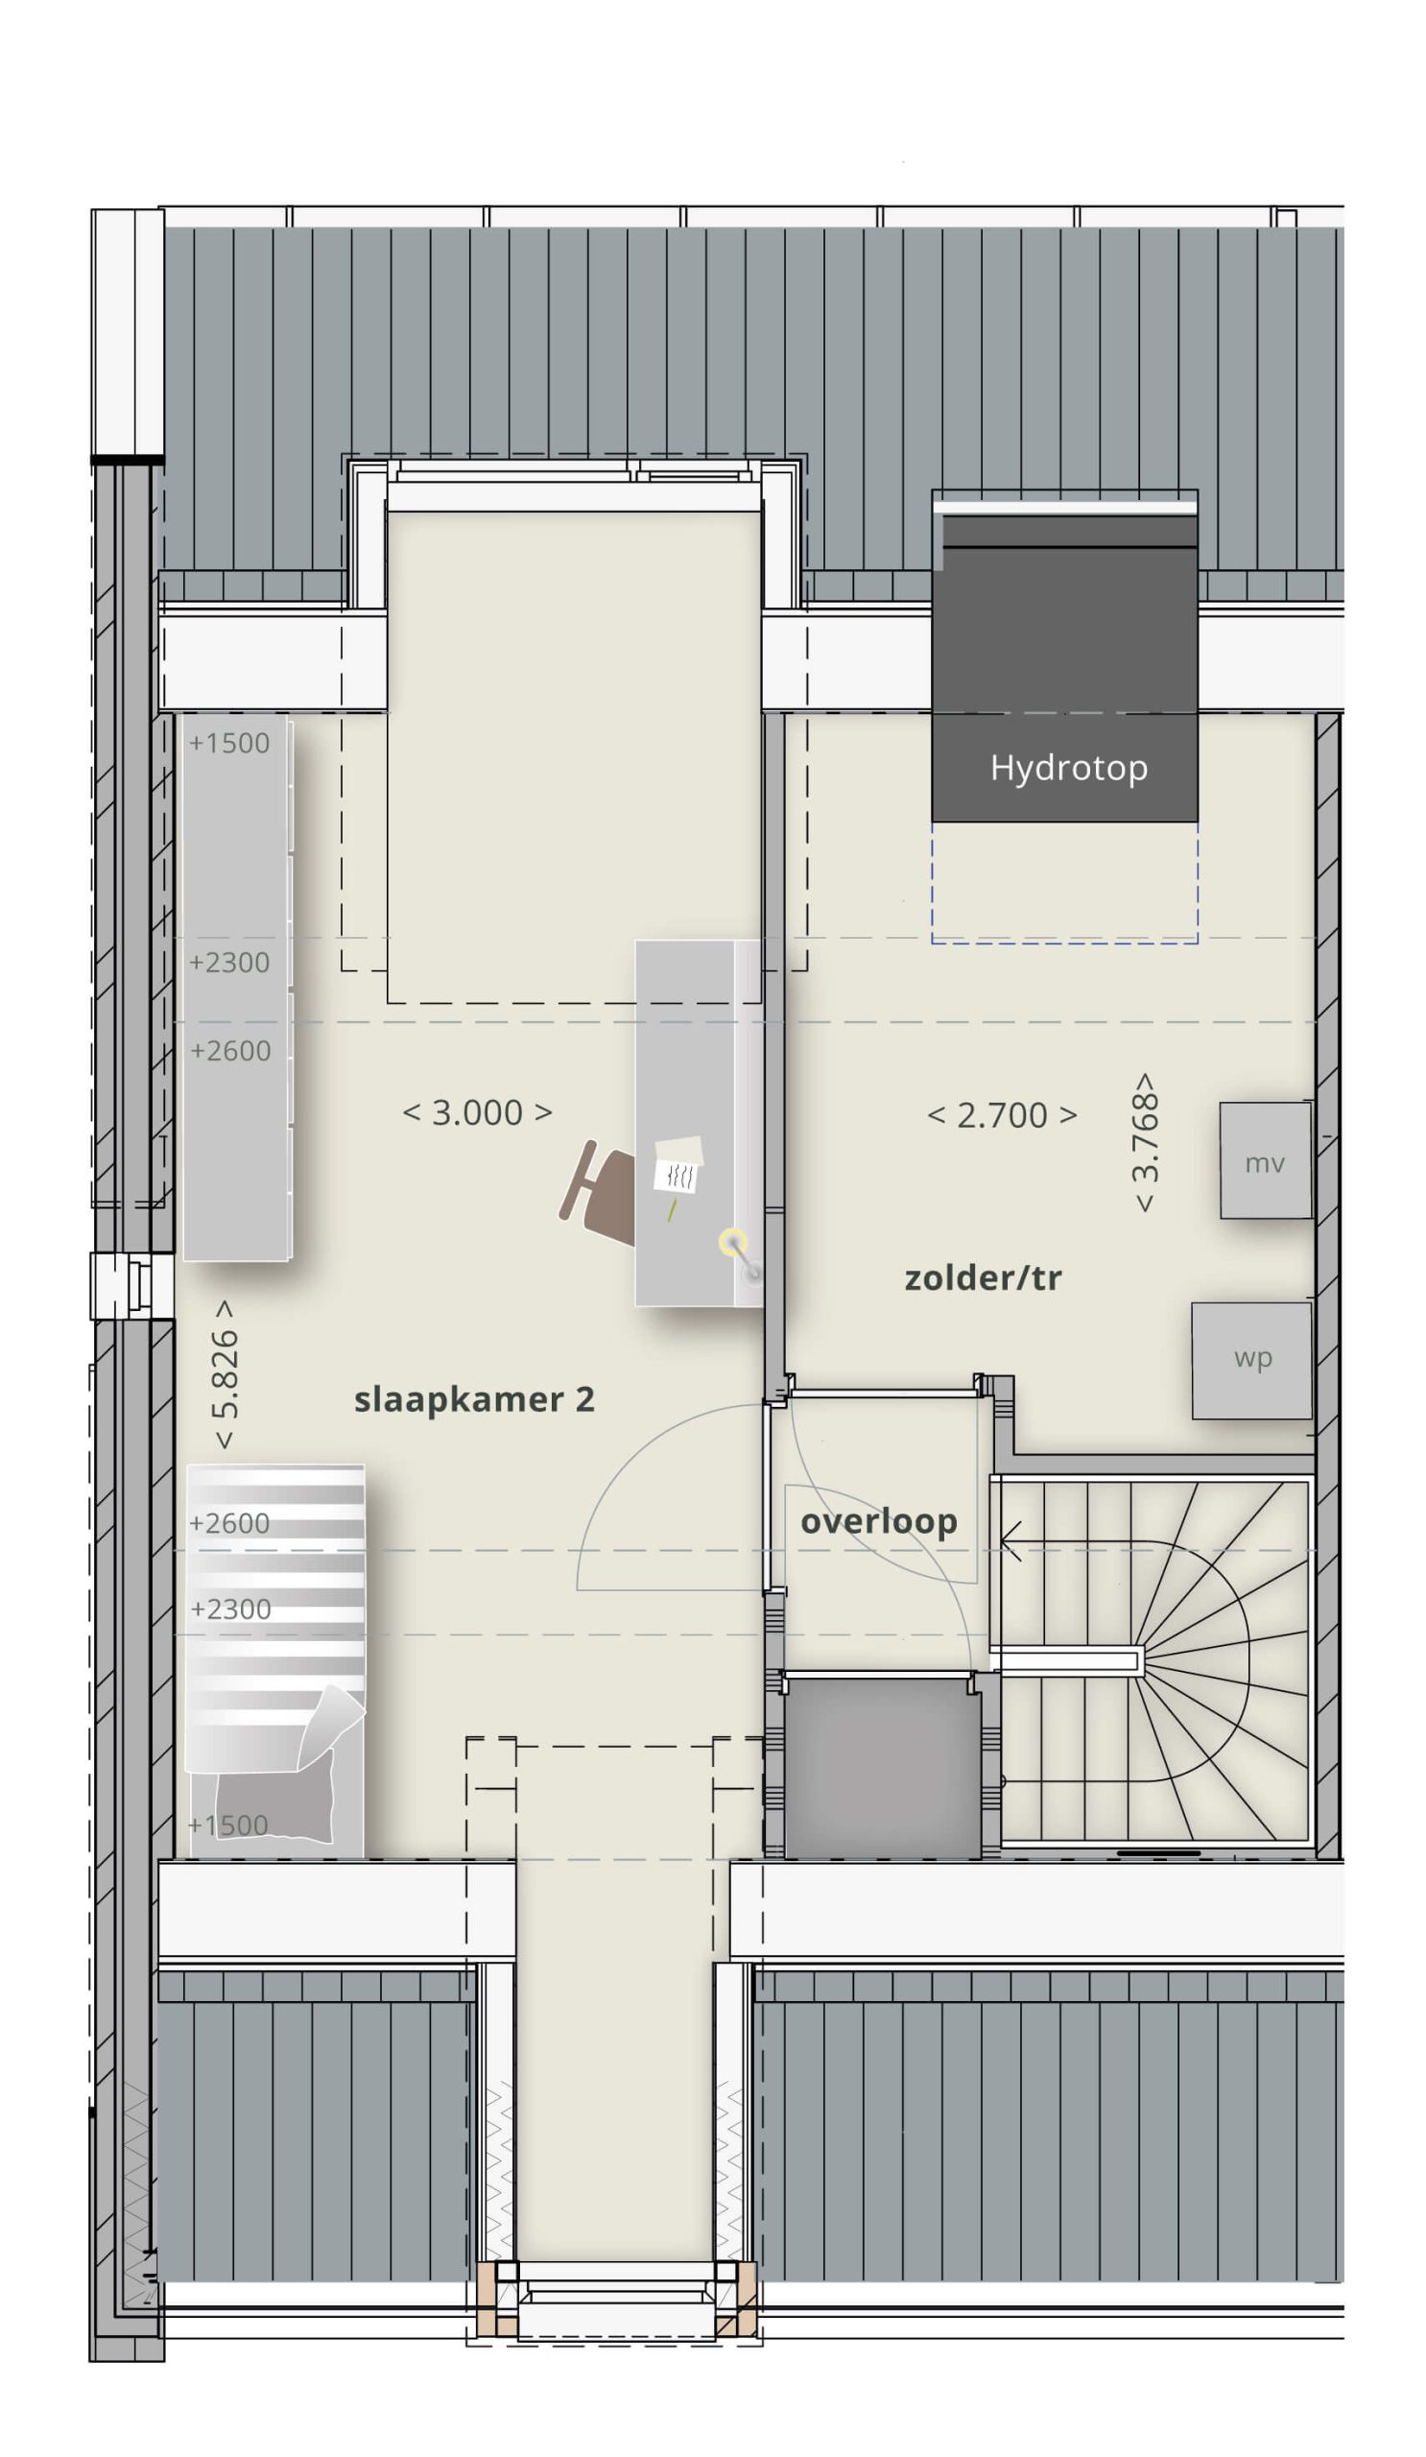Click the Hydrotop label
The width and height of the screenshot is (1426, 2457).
tap(1068, 769)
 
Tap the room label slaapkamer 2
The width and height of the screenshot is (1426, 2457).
tap(474, 1400)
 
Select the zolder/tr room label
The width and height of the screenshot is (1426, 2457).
tap(983, 1278)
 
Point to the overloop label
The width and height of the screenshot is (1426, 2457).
tap(878, 1522)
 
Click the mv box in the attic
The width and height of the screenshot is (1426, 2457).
tap(1264, 1160)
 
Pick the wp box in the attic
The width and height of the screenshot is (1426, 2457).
tap(1251, 1360)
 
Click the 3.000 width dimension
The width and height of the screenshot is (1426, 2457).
tap(478, 1112)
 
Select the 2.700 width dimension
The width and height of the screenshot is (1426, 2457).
tap(1002, 1115)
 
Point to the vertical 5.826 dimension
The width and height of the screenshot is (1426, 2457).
tap(225, 1373)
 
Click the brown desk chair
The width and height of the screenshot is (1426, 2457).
tap(598, 1192)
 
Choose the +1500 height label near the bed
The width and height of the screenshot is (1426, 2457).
tap(228, 1825)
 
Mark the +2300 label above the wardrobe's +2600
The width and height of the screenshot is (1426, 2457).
tap(229, 963)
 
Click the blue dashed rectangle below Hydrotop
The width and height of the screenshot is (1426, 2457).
tap(1064, 942)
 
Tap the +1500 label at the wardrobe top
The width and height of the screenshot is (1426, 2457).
tap(229, 743)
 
